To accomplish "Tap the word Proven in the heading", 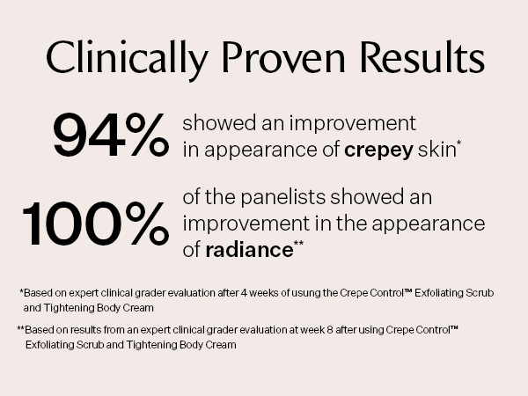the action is coord(283,57).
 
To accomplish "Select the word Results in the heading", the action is coord(422,57).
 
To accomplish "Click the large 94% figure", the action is coord(111,135).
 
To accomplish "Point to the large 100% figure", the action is coord(96,224).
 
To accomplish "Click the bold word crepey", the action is coord(378,150).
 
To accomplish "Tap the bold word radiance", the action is coord(249,250).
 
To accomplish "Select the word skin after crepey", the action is coord(436,149).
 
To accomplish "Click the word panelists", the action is coord(283,198).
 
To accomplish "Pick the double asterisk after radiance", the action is coord(298,243).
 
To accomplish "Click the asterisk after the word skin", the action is coord(458,143).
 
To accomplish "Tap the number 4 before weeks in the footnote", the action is coord(244,293).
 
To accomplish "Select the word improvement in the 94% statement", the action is coord(353,123).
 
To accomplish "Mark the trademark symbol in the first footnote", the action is coord(407,290).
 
